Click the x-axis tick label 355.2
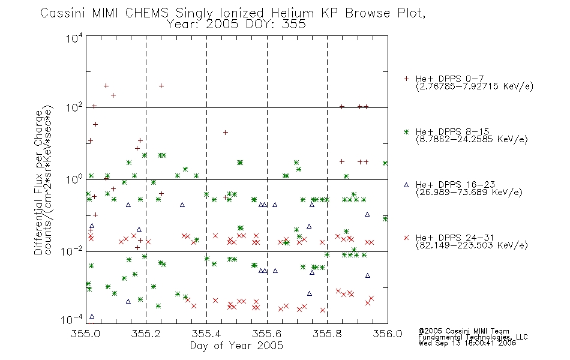click(146, 334)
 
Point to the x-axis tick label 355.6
click(267, 334)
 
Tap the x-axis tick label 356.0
click(388, 334)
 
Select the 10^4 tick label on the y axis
click(75, 38)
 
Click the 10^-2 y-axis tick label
click(73, 251)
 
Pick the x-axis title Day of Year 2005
click(236, 346)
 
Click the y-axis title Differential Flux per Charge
click(38, 182)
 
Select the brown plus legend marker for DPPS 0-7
click(406, 79)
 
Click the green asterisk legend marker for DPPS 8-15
click(406, 131)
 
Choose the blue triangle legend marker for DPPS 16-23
click(406, 185)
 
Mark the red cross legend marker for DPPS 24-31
click(406, 238)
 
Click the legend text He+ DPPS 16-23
click(455, 185)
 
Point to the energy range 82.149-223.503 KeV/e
click(472, 245)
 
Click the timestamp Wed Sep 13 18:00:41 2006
click(467, 343)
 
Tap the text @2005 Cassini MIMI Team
click(464, 331)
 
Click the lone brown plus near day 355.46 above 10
click(226, 133)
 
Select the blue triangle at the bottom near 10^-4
click(92, 316)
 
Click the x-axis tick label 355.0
click(85, 334)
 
